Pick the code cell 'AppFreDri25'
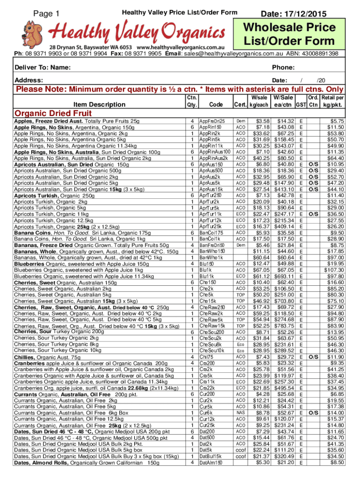coord(212,121)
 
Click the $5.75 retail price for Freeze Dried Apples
coord(337,121)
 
